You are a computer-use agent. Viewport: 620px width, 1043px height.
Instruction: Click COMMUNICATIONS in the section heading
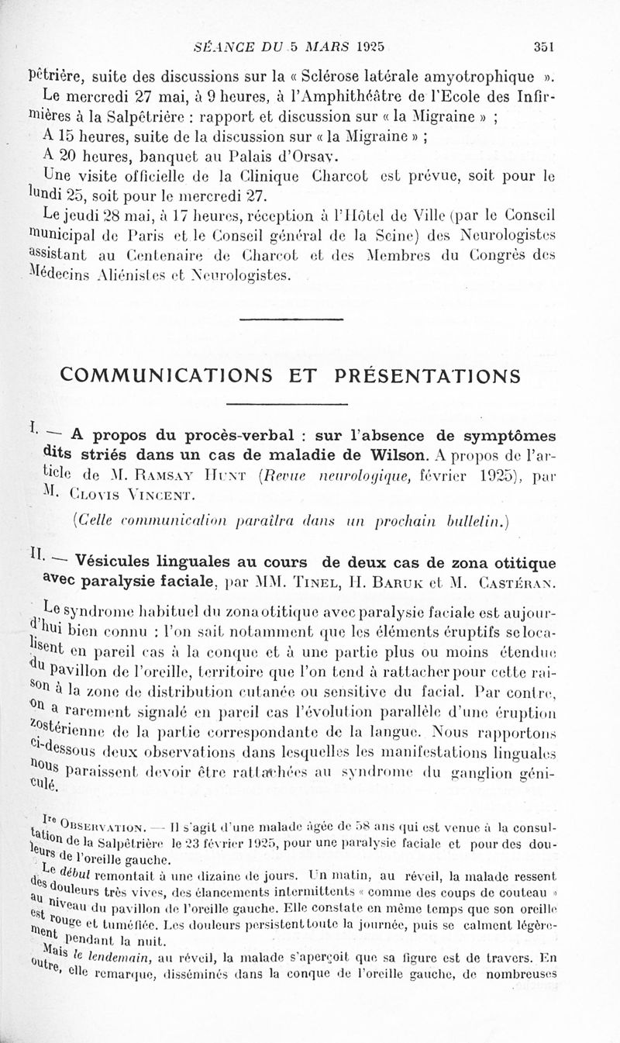[177, 375]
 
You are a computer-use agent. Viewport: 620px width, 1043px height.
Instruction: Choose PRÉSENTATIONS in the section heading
[428, 375]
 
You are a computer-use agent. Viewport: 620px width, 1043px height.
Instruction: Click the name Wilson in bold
[395, 454]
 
